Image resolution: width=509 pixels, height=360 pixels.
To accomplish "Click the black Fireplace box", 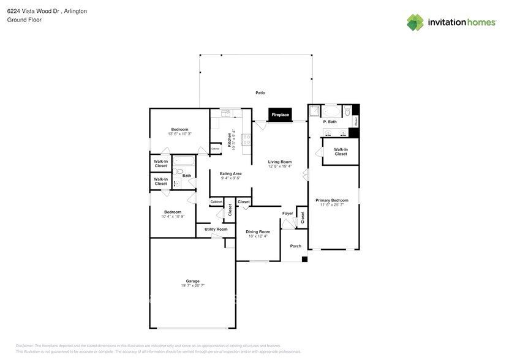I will pos(280,114).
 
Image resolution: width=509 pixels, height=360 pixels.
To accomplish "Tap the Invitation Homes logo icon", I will pos(415,22).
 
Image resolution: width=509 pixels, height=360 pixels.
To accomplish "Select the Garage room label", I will pos(192,281).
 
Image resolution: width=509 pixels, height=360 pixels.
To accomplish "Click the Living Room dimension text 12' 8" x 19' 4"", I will pos(280,167).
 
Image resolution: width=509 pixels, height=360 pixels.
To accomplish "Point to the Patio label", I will pos(260,92).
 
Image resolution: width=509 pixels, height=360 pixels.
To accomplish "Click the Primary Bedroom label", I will pos(331,200).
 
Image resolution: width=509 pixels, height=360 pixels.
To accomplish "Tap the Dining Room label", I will pos(258,231).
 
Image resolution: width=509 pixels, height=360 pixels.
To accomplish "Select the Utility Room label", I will pos(216,229).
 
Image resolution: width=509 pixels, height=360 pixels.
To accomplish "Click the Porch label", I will pos(296,246).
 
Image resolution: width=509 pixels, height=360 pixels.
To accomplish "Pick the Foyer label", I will pos(287,214).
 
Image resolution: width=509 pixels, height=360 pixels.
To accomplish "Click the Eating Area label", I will pos(230,174).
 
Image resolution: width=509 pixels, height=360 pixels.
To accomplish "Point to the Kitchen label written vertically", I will pos(230,140).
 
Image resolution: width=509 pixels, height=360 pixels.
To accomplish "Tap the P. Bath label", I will pos(330,122).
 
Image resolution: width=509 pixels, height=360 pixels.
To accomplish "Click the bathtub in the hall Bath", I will pos(184,162).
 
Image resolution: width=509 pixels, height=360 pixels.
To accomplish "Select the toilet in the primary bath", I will pos(347,112).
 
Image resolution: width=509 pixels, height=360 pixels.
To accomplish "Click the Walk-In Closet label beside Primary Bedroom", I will pos(341,151).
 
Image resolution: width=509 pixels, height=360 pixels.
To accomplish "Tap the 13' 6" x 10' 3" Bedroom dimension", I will pos(179,134).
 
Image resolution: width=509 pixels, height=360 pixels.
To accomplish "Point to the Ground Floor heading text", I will pos(23,20).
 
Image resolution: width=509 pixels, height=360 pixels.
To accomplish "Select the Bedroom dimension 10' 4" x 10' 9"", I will pos(173,217).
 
